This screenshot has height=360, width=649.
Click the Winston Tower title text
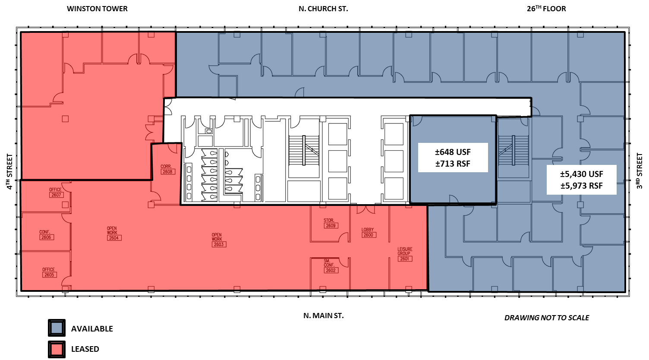coord(97,9)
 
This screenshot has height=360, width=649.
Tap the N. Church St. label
coord(323,9)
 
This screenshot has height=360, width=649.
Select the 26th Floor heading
coord(546,8)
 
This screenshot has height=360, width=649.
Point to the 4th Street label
coord(9,172)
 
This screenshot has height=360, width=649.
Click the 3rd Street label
coord(640,171)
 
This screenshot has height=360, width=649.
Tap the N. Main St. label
coord(323,316)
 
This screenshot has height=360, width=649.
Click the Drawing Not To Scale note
coord(546,318)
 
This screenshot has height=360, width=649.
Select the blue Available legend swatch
coord(57,328)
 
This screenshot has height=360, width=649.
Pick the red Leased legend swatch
coord(57,349)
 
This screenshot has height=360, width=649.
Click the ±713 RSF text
coord(453,164)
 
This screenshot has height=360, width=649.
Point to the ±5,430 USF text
coord(581,174)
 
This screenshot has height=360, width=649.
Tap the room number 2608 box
coord(167,172)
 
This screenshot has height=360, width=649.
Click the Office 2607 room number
coord(56,195)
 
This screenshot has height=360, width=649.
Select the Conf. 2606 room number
coord(46,237)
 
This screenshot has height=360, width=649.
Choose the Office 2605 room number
coord(49,275)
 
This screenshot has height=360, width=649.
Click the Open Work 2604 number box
coord(114,238)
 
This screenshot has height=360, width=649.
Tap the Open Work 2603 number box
coord(219,244)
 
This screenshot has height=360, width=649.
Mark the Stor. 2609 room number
coord(331,225)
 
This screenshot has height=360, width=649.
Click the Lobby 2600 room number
coord(368,235)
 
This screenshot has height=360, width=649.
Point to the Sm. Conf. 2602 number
coord(331,271)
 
